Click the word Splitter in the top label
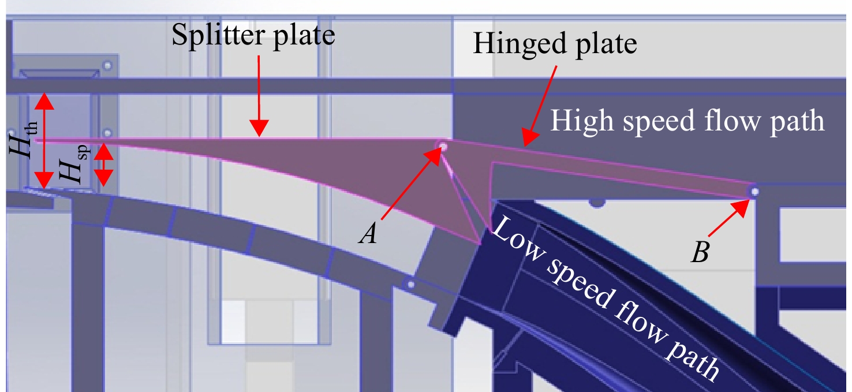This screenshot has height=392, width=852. (218, 35)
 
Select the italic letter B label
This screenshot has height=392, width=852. (700, 252)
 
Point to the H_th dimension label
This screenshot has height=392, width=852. (24, 140)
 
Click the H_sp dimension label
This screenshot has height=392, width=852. (75, 164)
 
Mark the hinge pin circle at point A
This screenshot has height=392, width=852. (443, 146)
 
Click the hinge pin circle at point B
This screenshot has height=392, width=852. (754, 192)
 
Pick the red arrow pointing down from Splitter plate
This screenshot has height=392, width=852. (259, 96)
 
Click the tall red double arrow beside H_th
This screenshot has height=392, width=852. (44, 141)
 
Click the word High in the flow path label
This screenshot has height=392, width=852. (582, 121)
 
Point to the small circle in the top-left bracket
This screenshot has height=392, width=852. (108, 65)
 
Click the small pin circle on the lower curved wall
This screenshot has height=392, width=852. (410, 284)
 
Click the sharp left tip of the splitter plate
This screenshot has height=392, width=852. (35, 140)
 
